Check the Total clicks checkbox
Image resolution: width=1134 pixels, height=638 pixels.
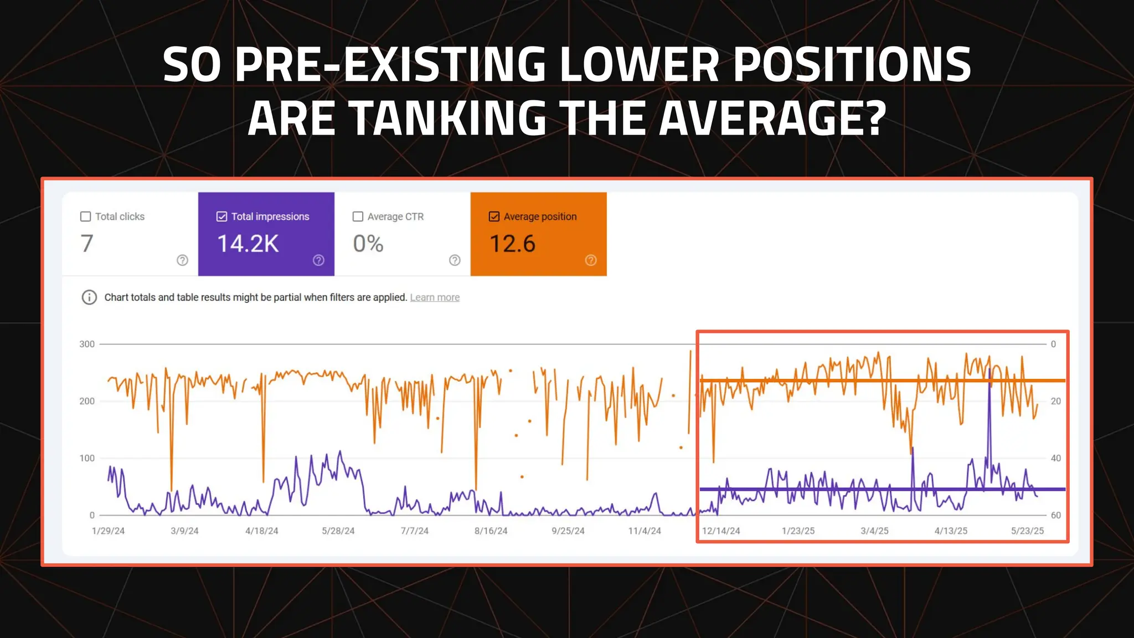85,217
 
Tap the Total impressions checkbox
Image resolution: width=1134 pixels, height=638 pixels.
221,217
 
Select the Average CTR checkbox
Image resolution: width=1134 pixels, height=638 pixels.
358,217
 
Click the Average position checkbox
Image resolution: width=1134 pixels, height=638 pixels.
494,217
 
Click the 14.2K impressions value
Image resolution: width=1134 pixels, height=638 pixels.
248,244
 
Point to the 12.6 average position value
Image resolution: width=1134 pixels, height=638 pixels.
512,244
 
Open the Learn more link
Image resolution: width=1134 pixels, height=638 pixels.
435,297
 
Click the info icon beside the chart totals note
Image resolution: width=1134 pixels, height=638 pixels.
89,297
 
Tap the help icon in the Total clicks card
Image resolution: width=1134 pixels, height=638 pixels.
182,260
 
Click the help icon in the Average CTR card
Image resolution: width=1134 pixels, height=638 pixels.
455,260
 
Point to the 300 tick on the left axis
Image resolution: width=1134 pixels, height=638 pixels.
87,344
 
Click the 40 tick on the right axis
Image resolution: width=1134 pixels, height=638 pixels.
1056,458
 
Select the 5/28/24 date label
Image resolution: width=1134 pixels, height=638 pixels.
338,531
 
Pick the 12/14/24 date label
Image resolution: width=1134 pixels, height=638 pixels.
721,531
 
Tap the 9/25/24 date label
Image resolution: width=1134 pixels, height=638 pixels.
568,531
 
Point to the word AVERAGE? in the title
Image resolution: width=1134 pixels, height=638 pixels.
773,118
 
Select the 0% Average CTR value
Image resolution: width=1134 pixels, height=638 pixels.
368,244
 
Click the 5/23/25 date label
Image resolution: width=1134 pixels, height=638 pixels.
1027,531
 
